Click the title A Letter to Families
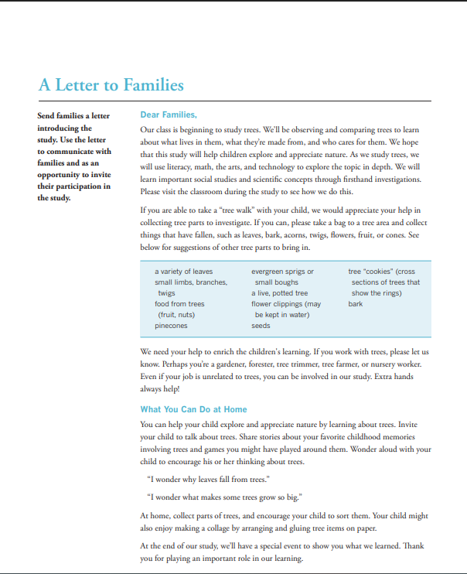[x=111, y=84]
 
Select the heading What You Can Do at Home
[x=193, y=408]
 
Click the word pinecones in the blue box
[x=171, y=326]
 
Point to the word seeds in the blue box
[x=261, y=326]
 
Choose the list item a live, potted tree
[x=279, y=293]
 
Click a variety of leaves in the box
[x=183, y=272]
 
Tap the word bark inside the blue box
[x=356, y=304]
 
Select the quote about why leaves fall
[x=208, y=480]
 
